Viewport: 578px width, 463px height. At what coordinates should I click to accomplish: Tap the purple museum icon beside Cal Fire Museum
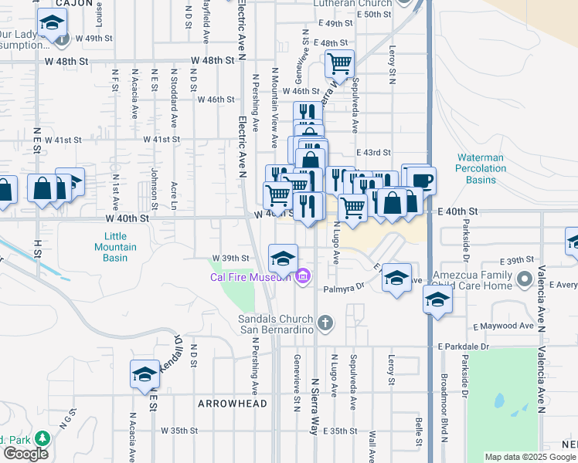(x=302, y=275)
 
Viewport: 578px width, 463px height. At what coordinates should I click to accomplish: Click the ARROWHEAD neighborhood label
(x=232, y=404)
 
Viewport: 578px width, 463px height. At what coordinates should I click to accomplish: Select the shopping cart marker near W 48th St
(x=339, y=63)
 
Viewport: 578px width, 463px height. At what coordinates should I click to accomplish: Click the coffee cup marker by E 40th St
(x=421, y=181)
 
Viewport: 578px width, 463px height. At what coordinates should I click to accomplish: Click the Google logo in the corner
(x=26, y=454)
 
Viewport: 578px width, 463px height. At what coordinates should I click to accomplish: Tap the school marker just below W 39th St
(x=283, y=258)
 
